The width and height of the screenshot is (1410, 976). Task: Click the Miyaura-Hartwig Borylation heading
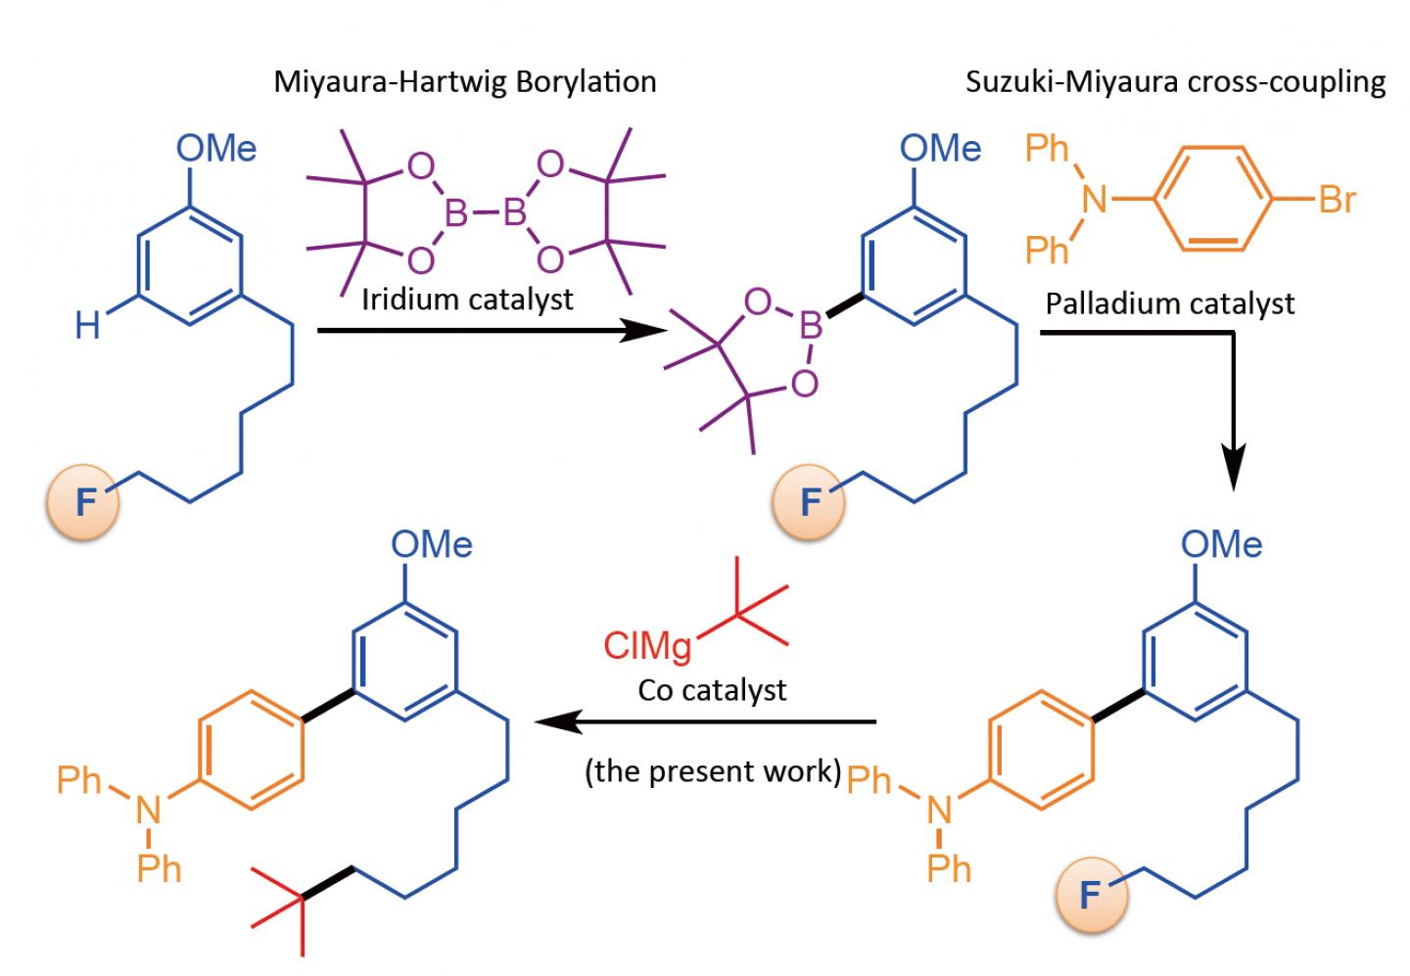tap(464, 80)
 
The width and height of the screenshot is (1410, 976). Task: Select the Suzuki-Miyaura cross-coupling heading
tap(1175, 81)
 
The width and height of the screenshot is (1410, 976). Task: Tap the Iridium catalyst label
tap(467, 299)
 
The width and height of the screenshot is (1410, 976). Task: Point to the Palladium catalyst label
tap(1170, 303)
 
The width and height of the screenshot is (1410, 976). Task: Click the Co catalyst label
tap(712, 690)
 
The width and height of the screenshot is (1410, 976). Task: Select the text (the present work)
tap(713, 771)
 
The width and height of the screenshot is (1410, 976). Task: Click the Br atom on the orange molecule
tap(1337, 200)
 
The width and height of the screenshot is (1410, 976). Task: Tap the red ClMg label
tap(647, 645)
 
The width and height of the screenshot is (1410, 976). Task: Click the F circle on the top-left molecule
tap(85, 504)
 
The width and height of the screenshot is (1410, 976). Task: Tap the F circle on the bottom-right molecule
tap(1090, 895)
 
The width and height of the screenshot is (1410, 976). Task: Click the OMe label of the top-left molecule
tap(216, 149)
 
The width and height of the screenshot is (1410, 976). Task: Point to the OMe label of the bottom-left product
tap(432, 544)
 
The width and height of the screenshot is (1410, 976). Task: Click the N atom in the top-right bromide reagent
tap(1094, 201)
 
